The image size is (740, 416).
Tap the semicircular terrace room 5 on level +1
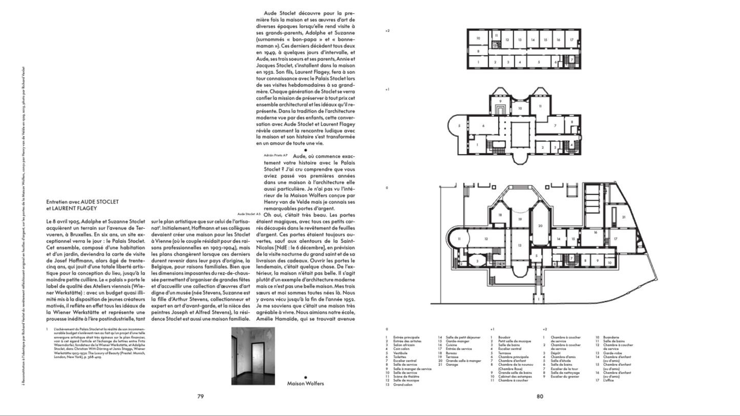[460, 125]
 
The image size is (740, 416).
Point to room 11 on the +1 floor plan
[540, 106]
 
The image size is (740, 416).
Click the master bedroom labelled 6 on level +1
[483, 125]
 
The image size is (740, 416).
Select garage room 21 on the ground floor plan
[624, 217]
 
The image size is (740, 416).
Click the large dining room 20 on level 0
[540, 226]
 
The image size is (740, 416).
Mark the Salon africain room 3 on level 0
[477, 261]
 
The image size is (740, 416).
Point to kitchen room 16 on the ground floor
[596, 232]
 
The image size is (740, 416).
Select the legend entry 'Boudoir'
[503, 337]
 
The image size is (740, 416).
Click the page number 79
[201, 396]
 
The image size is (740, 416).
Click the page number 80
[539, 396]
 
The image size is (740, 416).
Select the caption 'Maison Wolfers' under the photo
[305, 383]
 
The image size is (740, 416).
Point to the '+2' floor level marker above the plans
[388, 31]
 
